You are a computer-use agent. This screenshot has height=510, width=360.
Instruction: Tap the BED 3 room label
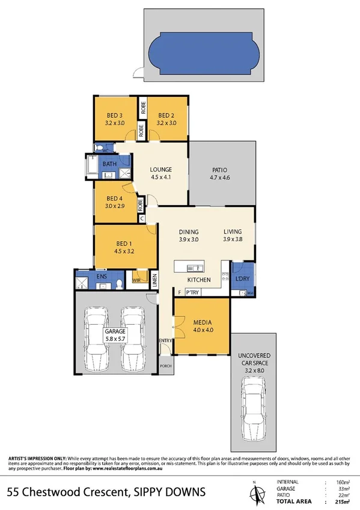pos(115,115)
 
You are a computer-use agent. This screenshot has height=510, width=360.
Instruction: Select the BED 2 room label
pos(166,115)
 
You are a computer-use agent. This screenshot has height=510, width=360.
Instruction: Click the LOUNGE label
pos(162,169)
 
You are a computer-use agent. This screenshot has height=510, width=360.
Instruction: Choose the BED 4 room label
pos(115,198)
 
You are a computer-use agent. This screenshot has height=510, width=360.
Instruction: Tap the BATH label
pos(109,164)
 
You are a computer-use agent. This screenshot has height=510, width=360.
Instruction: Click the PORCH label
pos(165,366)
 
